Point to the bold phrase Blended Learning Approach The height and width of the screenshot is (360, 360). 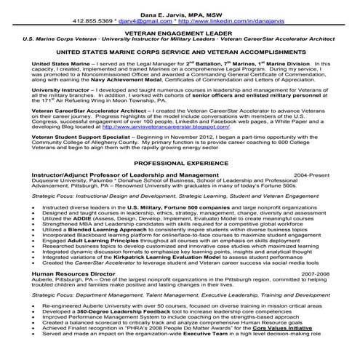(x=115, y=229)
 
